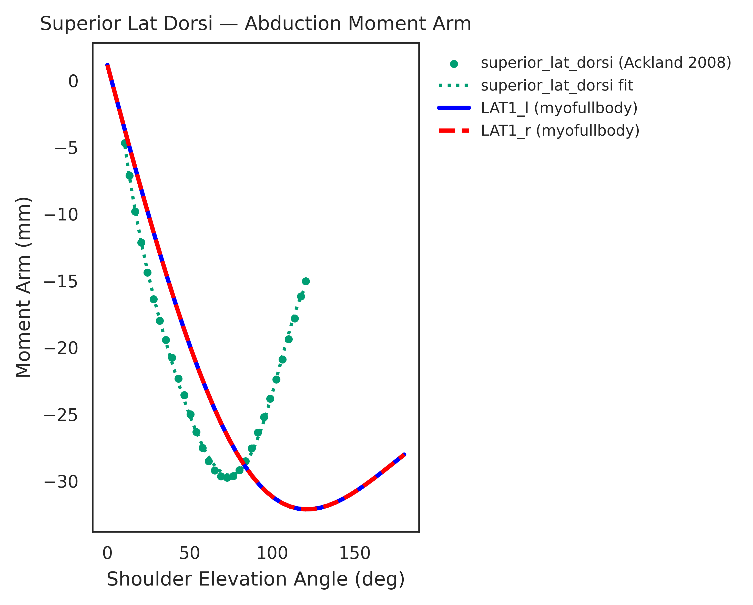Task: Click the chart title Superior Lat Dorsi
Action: (255, 24)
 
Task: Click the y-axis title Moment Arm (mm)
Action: (24, 287)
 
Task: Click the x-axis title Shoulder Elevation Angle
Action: (255, 579)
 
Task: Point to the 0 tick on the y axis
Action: (73, 82)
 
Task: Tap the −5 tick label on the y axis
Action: (66, 148)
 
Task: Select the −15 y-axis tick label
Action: (61, 282)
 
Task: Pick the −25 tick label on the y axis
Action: (61, 415)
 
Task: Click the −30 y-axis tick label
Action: (61, 482)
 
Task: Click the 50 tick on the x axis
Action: (189, 553)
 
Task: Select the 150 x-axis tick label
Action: (354, 553)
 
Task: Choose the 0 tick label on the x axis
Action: (107, 553)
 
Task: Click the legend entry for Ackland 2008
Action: (606, 63)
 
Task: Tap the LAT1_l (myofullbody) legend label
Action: (559, 108)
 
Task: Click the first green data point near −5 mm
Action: (124, 143)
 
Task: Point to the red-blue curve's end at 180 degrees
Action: (404, 455)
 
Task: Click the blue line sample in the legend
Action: (454, 108)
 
